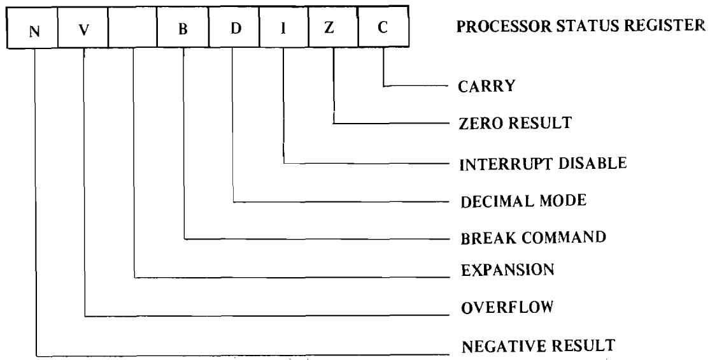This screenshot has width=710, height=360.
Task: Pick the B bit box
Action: (183, 31)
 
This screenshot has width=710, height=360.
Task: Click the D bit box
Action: (233, 31)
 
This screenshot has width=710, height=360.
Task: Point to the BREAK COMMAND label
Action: (531, 238)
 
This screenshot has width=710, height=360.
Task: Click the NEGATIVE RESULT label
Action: (536, 347)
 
